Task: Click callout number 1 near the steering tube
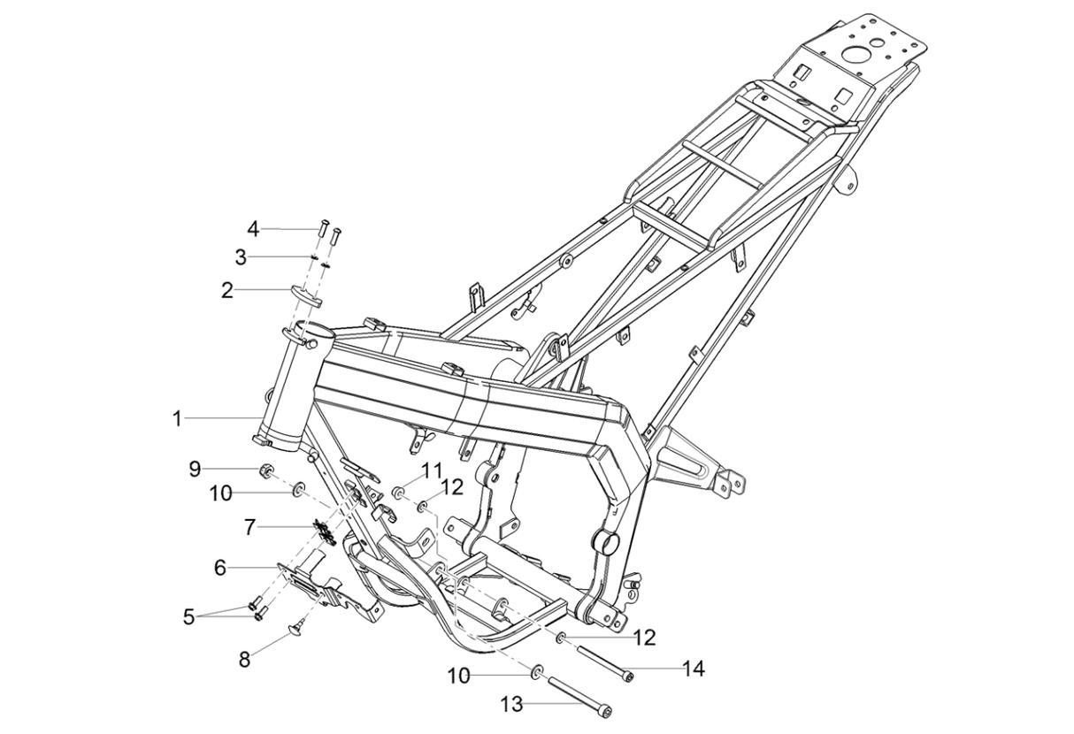[x=177, y=418]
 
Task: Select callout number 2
[x=227, y=290]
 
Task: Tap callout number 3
[x=240, y=257]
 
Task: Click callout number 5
[x=188, y=616]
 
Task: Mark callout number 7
[x=249, y=527]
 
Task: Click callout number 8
[x=243, y=659]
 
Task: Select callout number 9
[x=195, y=468]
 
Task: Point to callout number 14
[x=694, y=669]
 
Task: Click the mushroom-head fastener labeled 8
[x=296, y=628]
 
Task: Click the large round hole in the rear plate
[x=856, y=54]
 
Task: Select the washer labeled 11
[x=399, y=490]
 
